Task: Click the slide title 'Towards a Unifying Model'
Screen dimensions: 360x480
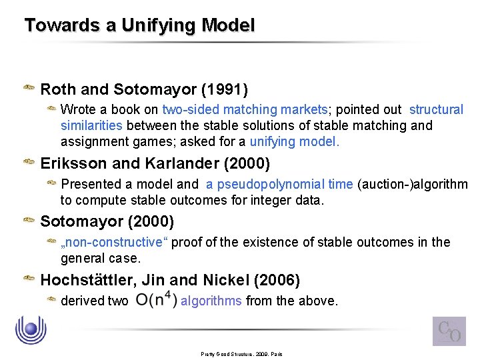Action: coord(139,26)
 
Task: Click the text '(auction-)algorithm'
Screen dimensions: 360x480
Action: coord(413,184)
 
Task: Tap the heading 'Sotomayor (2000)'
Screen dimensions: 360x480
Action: coord(107,221)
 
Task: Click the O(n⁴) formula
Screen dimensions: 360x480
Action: coord(156,300)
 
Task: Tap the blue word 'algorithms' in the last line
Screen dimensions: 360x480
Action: coord(211,301)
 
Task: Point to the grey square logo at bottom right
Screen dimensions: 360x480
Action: coord(449,331)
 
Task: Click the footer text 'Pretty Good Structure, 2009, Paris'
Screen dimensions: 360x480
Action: coord(242,354)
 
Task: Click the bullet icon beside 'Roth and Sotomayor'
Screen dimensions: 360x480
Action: coord(29,88)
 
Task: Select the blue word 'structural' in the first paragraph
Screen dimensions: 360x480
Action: coord(436,109)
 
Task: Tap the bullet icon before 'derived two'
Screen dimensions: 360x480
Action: coord(51,300)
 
